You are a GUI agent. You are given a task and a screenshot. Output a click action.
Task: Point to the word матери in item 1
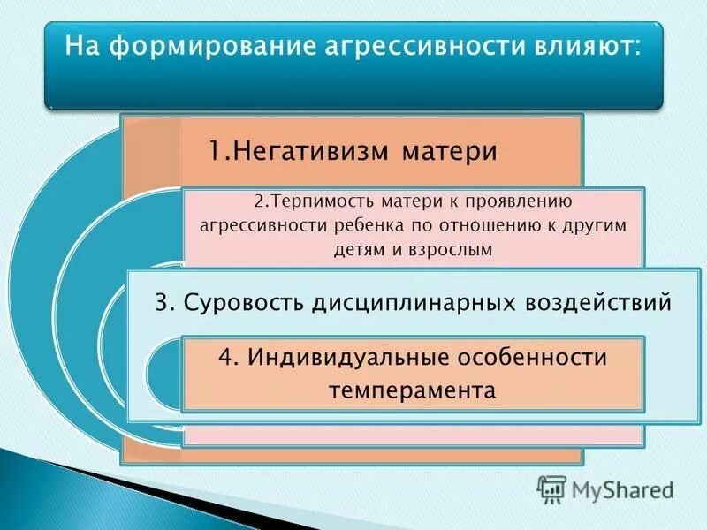[450, 151]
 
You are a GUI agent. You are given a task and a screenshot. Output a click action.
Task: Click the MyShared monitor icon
[551, 488]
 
